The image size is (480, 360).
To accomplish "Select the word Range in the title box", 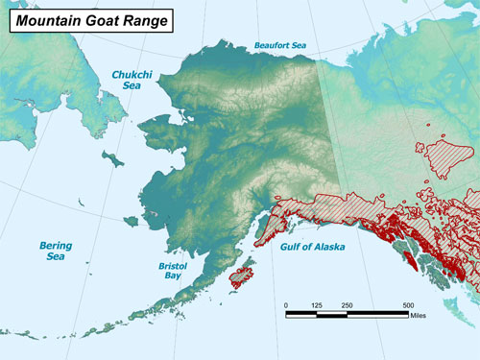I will pyautogui.click(x=145, y=18).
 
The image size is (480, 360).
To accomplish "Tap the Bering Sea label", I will pyautogui.click(x=55, y=251).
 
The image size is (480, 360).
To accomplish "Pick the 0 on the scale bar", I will pyautogui.click(x=286, y=304).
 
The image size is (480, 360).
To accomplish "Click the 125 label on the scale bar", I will pyautogui.click(x=317, y=304).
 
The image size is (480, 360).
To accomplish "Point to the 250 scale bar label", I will pyautogui.click(x=347, y=304).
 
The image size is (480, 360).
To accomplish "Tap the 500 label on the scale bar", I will pyautogui.click(x=407, y=304).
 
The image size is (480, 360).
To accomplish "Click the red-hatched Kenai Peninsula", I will pyautogui.click(x=274, y=228).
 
